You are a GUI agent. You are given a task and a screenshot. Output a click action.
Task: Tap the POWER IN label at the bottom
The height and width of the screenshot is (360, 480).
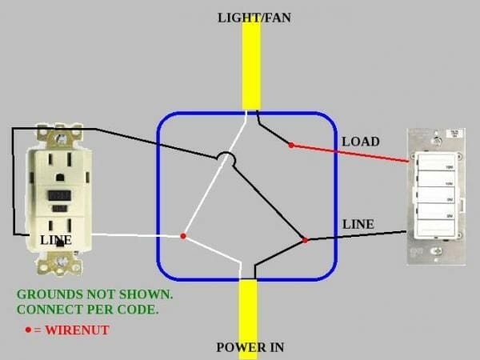point(250,347)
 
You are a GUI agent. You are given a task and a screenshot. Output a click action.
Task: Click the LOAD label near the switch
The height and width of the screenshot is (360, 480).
point(360,142)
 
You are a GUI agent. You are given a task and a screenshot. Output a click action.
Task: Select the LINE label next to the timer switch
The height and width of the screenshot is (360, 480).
point(358,224)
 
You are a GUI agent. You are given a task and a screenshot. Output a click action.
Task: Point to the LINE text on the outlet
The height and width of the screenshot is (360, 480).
point(56,240)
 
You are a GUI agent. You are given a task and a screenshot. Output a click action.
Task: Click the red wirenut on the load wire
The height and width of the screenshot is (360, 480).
point(290,146)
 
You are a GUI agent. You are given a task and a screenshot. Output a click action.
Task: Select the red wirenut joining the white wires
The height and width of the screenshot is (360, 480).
point(183,236)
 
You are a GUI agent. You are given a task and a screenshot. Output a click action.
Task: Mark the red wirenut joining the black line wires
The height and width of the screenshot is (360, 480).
point(305,239)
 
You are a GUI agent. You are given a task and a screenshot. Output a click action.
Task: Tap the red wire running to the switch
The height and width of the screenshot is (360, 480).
point(352,154)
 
